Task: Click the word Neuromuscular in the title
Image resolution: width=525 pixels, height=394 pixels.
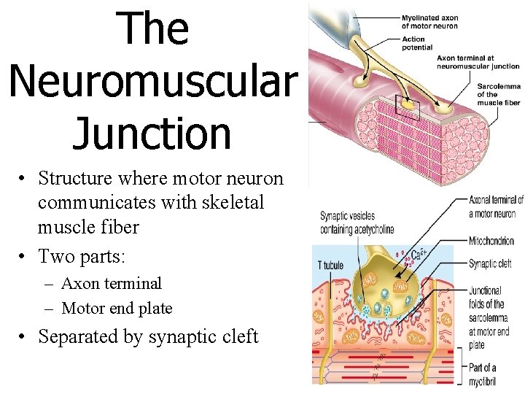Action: (x=153, y=81)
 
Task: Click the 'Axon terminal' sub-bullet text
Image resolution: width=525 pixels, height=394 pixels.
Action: (x=111, y=283)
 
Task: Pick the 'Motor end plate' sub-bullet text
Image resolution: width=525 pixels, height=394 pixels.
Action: (x=117, y=309)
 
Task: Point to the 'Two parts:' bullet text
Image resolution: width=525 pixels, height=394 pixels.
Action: (x=82, y=256)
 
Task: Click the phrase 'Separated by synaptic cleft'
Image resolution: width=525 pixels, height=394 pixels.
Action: (x=148, y=336)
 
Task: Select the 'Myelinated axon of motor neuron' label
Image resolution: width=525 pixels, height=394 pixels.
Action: (x=430, y=22)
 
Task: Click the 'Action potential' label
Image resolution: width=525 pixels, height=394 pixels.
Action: (x=417, y=44)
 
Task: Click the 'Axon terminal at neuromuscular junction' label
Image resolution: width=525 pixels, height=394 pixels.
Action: (x=478, y=62)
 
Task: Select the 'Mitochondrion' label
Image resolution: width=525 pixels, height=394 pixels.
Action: (x=491, y=241)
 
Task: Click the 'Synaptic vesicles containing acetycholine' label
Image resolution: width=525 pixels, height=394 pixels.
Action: (x=357, y=223)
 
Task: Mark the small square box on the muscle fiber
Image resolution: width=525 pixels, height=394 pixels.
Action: (x=408, y=107)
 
